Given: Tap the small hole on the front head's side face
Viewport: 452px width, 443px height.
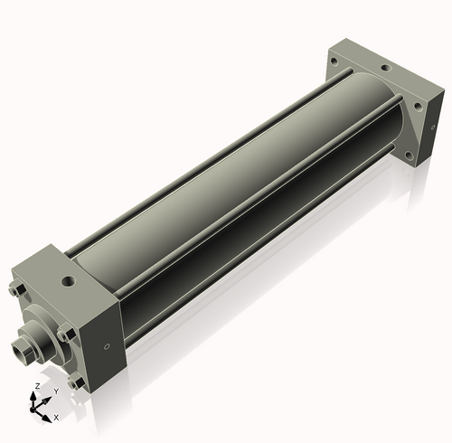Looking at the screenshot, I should click(107, 345).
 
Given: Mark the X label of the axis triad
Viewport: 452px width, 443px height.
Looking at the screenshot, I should click(56, 418).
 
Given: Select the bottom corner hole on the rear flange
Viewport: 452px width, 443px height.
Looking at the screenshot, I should click(409, 156).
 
